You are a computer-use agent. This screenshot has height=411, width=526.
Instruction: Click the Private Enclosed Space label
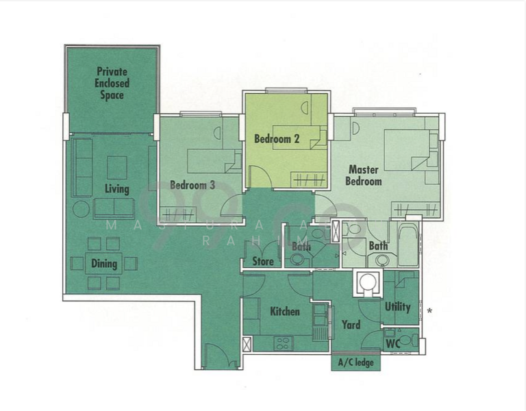point(112,83)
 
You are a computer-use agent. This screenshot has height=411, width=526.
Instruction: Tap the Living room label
point(116,188)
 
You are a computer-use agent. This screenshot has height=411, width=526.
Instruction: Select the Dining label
point(104,264)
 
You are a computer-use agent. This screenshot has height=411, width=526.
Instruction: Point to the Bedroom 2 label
point(277,139)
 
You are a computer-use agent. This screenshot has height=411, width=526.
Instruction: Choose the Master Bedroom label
point(365,175)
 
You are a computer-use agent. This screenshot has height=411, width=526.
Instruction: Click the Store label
point(263,261)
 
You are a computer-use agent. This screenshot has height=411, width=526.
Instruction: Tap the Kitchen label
point(284,311)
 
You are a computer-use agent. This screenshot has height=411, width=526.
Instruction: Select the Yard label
point(351,325)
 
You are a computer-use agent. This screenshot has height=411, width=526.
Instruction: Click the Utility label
point(397,306)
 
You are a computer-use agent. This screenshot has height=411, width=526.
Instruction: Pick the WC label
point(392,342)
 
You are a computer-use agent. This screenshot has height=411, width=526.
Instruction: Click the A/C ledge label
point(356,362)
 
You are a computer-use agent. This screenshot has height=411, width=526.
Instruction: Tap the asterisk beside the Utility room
point(429,312)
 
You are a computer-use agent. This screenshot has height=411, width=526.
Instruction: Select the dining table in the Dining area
point(104,263)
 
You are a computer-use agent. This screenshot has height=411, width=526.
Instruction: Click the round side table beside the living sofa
point(81,209)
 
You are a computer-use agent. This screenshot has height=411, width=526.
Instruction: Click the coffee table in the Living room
point(116,167)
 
